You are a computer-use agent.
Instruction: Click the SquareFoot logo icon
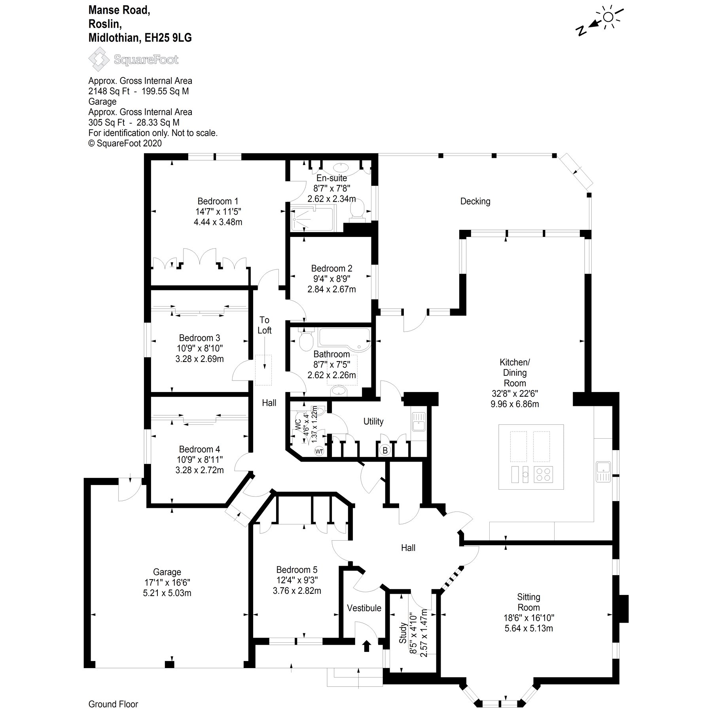coord(98,59)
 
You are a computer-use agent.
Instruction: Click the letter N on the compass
coord(581,31)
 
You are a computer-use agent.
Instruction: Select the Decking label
coord(475,201)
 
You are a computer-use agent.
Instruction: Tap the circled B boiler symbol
coord(385,450)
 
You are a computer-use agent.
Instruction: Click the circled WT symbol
coord(319,451)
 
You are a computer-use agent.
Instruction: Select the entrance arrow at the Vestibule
coord(366,646)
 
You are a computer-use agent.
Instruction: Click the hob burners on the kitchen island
coord(543,474)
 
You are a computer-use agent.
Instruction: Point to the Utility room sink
coord(418,421)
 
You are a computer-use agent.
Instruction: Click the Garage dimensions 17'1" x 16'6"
coord(167,583)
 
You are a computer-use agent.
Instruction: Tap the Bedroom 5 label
coord(297,570)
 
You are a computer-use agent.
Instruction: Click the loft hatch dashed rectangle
coord(263,370)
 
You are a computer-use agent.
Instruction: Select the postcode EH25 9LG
coord(168,38)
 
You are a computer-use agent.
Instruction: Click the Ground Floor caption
coord(113,704)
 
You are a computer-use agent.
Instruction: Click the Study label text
coord(403,633)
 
